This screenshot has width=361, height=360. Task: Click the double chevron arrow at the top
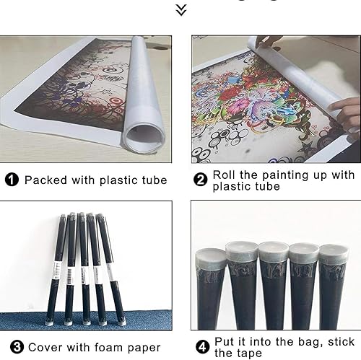(x=181, y=10)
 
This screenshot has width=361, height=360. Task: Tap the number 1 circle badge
(x=12, y=180)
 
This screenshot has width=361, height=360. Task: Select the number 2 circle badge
(x=200, y=180)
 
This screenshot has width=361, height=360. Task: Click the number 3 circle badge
(x=17, y=347)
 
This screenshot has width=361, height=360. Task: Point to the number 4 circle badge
(x=203, y=347)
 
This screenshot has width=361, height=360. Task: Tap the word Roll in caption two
(x=224, y=175)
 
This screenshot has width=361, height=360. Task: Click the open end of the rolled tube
(x=144, y=136)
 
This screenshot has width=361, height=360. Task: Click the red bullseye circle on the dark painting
(x=116, y=101)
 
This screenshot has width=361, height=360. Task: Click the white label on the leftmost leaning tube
(x=56, y=271)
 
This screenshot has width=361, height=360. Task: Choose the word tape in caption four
(x=248, y=354)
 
